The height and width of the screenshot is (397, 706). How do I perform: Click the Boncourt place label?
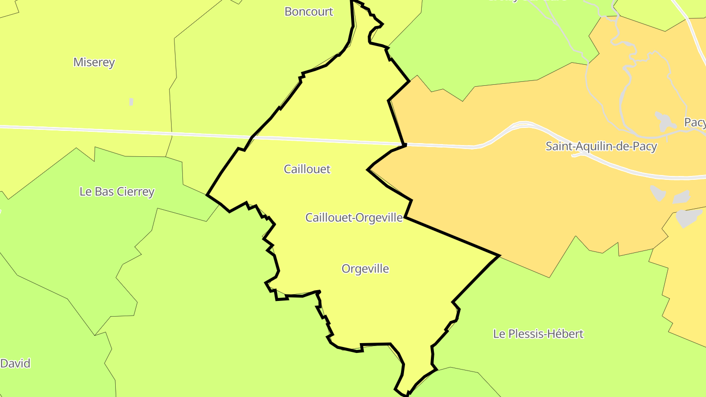(x=309, y=12)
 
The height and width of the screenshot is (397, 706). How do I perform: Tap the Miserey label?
(x=94, y=62)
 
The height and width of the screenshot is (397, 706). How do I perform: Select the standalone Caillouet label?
(x=307, y=169)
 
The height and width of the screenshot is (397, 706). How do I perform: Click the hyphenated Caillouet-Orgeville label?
(x=354, y=217)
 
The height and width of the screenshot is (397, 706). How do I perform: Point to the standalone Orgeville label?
(x=365, y=269)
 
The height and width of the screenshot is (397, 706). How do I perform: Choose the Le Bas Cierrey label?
(x=117, y=192)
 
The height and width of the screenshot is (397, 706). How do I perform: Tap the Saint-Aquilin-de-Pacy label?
(x=601, y=146)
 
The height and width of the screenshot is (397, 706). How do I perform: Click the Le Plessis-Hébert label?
(x=538, y=334)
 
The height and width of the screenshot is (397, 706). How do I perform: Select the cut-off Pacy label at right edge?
(x=695, y=123)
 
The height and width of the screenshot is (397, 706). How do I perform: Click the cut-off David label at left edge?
(x=15, y=363)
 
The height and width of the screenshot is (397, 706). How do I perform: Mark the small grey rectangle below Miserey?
(x=131, y=102)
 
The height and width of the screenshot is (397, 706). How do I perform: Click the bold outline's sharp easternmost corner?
(x=499, y=255)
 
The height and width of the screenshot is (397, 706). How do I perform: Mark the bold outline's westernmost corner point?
(x=207, y=195)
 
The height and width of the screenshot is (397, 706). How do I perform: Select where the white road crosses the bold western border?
(x=252, y=137)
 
